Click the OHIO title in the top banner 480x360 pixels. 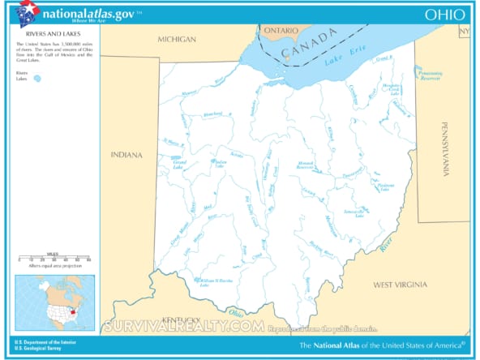444,14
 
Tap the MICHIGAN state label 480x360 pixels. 177,39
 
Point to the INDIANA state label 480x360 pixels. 126,155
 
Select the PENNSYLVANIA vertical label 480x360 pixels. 444,148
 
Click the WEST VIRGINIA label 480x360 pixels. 405,285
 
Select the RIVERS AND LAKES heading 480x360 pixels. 37,36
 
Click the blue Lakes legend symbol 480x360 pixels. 37,79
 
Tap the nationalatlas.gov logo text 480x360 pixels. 90,13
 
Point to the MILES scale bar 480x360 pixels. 54,259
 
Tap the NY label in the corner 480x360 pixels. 464,32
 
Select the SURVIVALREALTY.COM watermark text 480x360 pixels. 183,327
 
